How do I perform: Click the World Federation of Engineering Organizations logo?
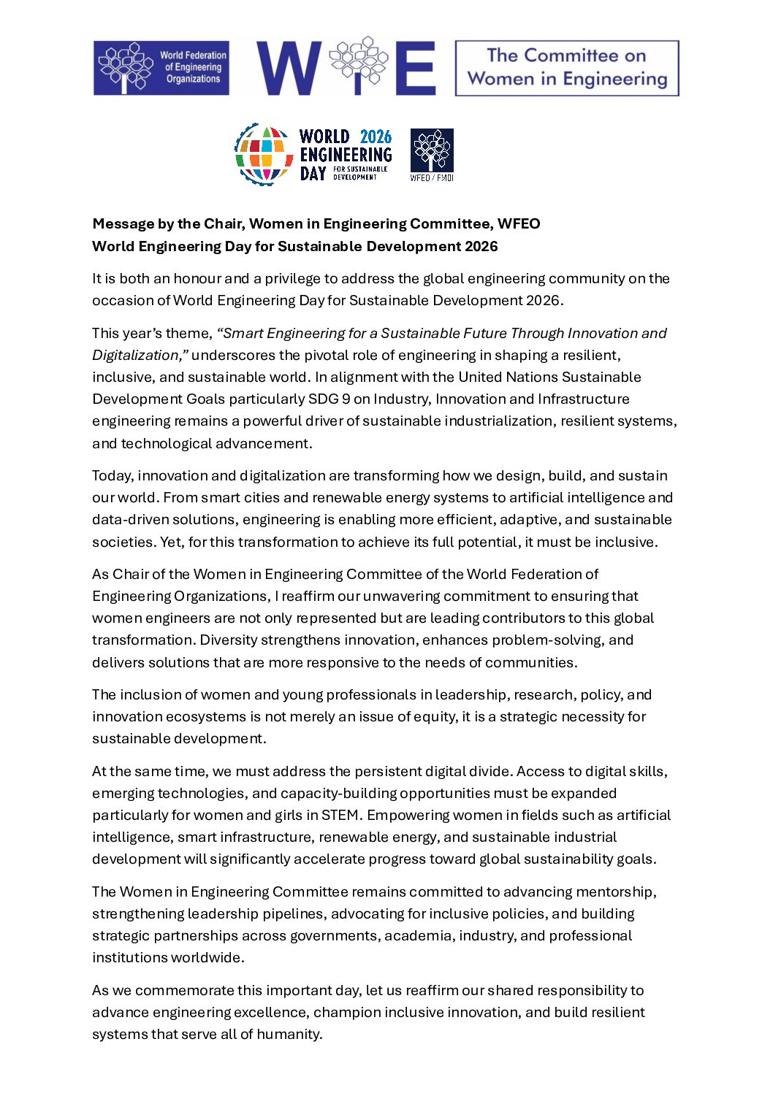(x=161, y=68)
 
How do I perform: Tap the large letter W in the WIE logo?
(x=289, y=68)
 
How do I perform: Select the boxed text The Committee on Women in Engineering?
(x=567, y=68)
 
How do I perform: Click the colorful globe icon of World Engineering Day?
(x=264, y=154)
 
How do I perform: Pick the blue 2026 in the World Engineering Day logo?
(x=376, y=137)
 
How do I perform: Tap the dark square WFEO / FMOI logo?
(x=432, y=154)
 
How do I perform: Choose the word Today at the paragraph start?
(x=113, y=476)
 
